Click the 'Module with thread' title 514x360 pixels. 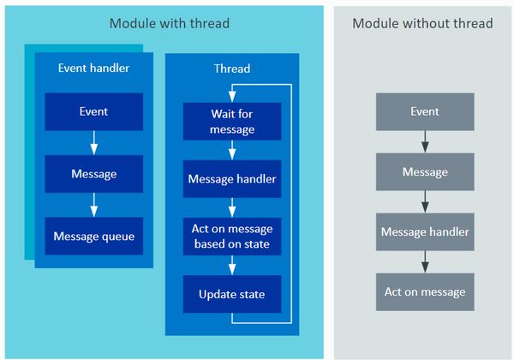pyautogui.click(x=169, y=24)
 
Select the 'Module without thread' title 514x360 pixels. pyautogui.click(x=422, y=24)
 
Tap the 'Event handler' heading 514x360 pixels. pyautogui.click(x=93, y=68)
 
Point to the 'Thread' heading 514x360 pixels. pyautogui.click(x=232, y=69)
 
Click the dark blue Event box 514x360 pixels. pyautogui.click(x=94, y=111)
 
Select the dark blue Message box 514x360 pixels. pyautogui.click(x=94, y=174)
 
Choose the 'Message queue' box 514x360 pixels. pyautogui.click(x=94, y=236)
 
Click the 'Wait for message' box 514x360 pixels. pyautogui.click(x=232, y=122)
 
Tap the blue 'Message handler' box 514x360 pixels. pyautogui.click(x=232, y=179)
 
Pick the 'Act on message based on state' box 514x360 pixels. pyautogui.click(x=232, y=237)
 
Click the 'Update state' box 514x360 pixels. pyautogui.click(x=232, y=294)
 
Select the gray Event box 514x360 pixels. pyautogui.click(x=425, y=111)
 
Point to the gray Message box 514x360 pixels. pyautogui.click(x=425, y=171)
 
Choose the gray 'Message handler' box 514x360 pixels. pyautogui.click(x=425, y=231)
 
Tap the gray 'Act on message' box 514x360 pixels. pyautogui.click(x=425, y=291)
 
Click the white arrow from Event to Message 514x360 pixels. pyautogui.click(x=94, y=142)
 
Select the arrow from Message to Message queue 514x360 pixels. pyautogui.click(x=94, y=205)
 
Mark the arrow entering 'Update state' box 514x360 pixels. pyautogui.click(x=232, y=265)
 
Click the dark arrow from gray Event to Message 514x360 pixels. pyautogui.click(x=425, y=141)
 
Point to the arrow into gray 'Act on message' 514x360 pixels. pyautogui.click(x=425, y=261)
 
